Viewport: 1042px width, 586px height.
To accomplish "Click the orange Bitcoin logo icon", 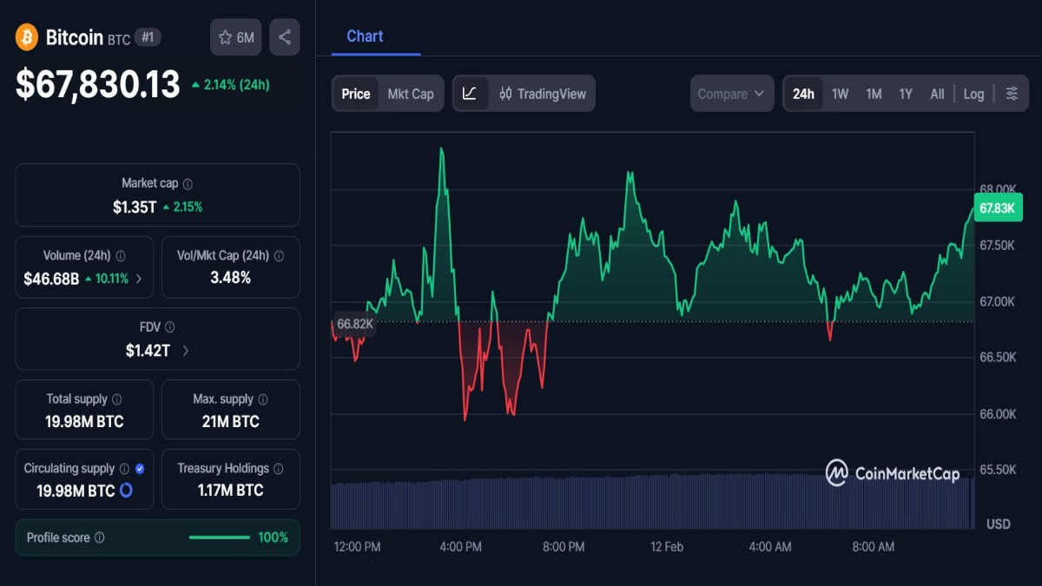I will coord(27,37).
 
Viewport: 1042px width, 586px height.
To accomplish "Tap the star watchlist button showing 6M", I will coord(236,37).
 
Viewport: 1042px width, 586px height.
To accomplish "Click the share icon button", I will coord(285,37).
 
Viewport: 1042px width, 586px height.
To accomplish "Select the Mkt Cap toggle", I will coord(411,94).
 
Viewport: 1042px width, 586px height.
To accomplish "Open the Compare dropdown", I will coord(731,94).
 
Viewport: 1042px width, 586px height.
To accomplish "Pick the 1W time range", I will coord(840,94).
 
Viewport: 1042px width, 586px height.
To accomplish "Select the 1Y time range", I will coord(906,94).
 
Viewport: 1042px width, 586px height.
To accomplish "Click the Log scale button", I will coord(973,94).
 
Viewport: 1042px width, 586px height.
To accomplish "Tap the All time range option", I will coord(937,94).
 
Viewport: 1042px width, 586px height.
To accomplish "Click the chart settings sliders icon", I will coord(1012,94).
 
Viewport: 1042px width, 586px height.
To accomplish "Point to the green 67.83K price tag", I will coord(997,207).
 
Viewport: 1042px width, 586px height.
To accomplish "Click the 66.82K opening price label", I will coord(354,324).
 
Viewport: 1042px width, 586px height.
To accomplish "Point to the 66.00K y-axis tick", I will coord(997,414).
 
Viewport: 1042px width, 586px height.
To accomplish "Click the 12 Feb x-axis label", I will coord(667,547).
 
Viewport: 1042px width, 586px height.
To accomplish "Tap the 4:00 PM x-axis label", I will coord(460,547).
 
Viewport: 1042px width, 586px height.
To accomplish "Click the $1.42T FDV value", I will coord(149,351).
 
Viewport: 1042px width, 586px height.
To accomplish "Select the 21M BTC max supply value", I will coord(226,422).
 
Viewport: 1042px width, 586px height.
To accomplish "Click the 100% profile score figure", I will coord(273,537).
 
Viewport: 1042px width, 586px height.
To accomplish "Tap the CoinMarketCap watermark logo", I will coord(893,473).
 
